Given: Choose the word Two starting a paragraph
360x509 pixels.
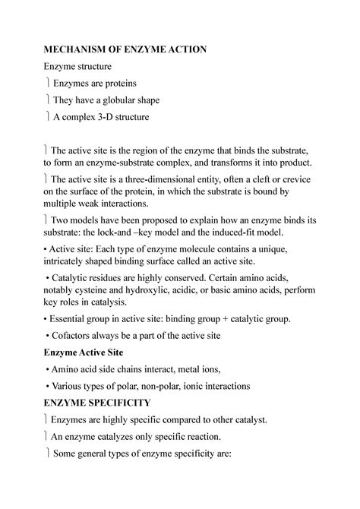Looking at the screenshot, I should [x=64, y=220].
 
